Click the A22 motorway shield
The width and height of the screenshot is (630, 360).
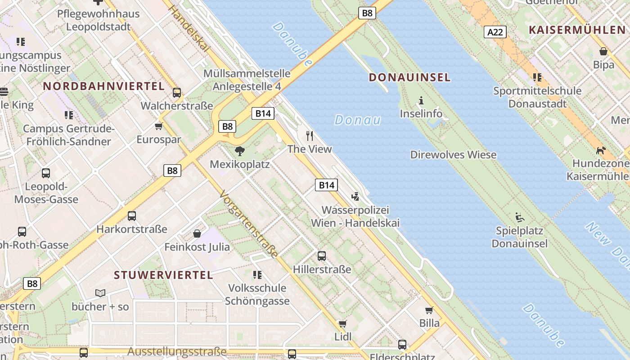pyautogui.click(x=495, y=32)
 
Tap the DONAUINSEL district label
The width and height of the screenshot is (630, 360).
pyautogui.click(x=409, y=77)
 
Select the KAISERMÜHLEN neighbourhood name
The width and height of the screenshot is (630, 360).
pyautogui.click(x=577, y=30)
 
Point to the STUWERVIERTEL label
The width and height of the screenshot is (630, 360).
pyautogui.click(x=163, y=275)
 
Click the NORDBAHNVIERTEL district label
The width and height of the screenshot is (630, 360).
pyautogui.click(x=103, y=86)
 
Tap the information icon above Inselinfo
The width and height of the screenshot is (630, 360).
pyautogui.click(x=421, y=100)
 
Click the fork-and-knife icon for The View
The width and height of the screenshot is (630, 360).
pyautogui.click(x=310, y=135)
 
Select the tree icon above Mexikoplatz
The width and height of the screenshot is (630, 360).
pyautogui.click(x=240, y=151)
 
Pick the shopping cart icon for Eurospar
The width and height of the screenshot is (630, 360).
pyautogui.click(x=158, y=126)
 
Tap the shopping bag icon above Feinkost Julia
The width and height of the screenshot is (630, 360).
pyautogui.click(x=197, y=233)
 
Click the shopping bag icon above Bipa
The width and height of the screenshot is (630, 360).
pyautogui.click(x=603, y=51)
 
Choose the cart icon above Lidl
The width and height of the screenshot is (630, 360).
pyautogui.click(x=343, y=324)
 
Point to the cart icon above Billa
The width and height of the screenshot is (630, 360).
pyautogui.click(x=429, y=310)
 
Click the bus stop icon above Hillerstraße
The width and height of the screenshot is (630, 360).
pyautogui.click(x=322, y=256)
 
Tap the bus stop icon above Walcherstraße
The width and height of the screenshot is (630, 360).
pyautogui.click(x=177, y=93)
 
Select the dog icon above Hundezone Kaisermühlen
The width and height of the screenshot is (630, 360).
pyautogui.click(x=601, y=150)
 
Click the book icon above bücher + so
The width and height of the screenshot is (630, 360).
pyautogui.click(x=100, y=293)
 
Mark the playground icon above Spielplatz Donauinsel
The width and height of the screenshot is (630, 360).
pyautogui.click(x=520, y=217)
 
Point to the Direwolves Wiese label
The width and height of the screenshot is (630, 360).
pyautogui.click(x=453, y=155)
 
